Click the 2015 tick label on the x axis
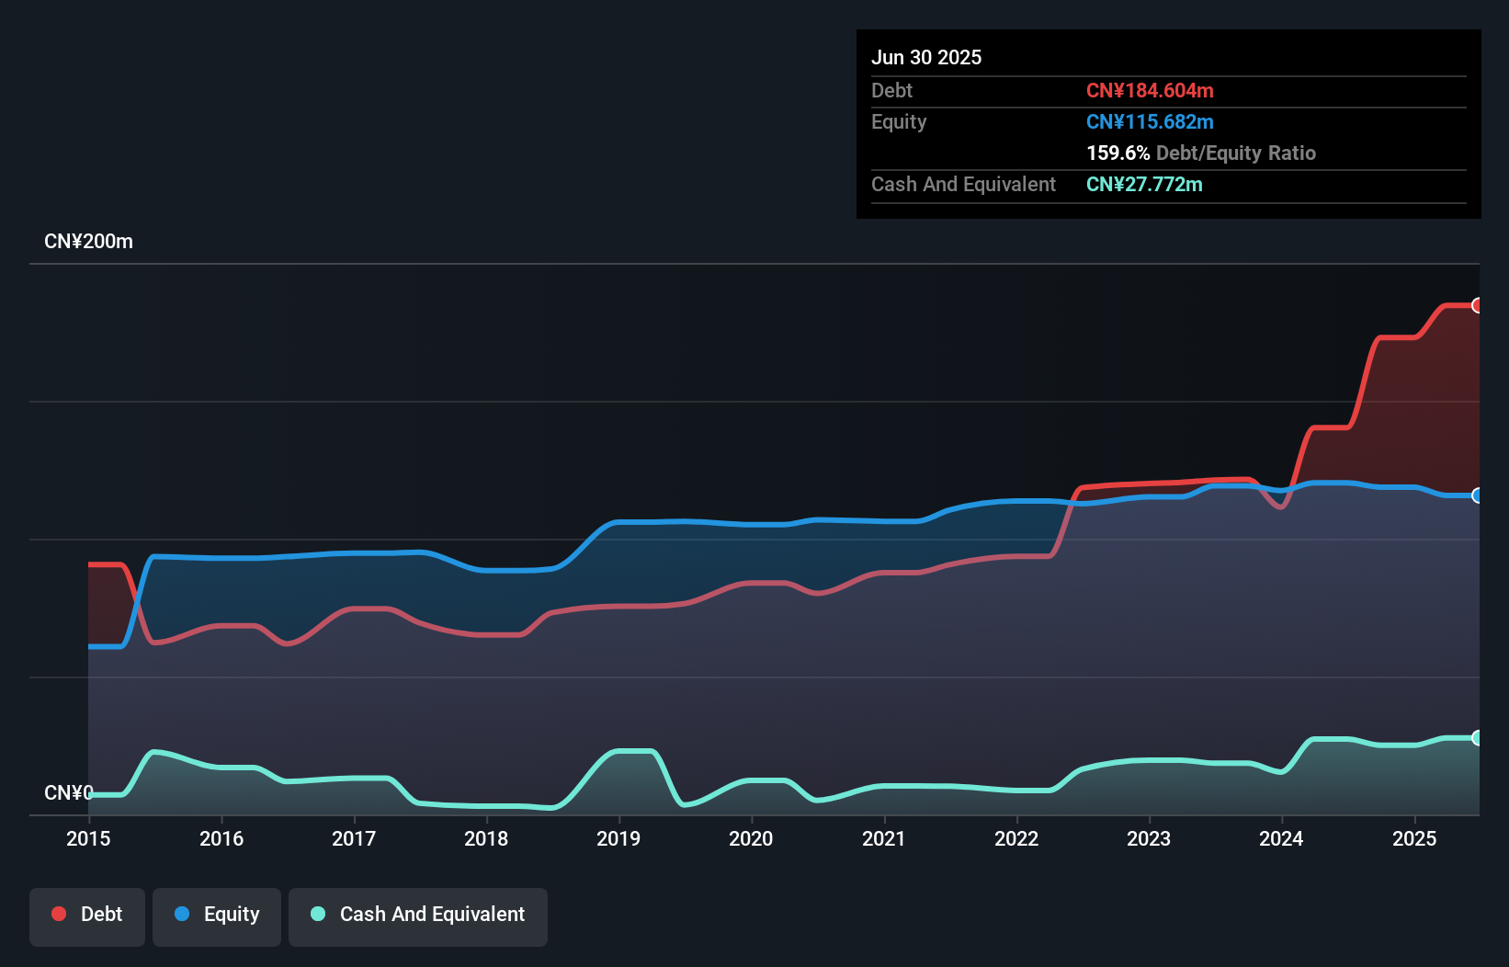tap(88, 838)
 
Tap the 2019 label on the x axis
tap(618, 838)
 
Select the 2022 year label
tap(1016, 838)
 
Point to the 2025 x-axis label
tap(1413, 838)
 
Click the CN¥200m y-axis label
tap(88, 242)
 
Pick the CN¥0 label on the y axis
tap(68, 792)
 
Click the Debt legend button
tap(87, 915)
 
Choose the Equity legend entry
tap(217, 915)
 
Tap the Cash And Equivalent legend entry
tap(418, 915)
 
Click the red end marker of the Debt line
tap(1477, 305)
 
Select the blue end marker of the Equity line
tap(1477, 495)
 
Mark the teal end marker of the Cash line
tap(1477, 738)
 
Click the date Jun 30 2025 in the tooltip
tap(926, 57)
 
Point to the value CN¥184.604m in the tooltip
tap(1150, 90)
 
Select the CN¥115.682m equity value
tap(1150, 121)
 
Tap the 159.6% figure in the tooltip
tap(1118, 153)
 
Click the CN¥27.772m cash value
tap(1144, 184)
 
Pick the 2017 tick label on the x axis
tap(354, 838)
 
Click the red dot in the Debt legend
tap(59, 914)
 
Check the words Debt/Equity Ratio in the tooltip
tap(1236, 153)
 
